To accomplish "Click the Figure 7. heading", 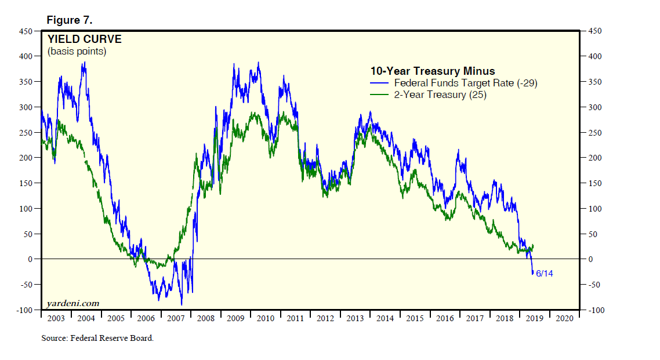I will point(70,21).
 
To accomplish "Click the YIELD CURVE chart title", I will point(84,39).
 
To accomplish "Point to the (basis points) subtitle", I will point(77,52).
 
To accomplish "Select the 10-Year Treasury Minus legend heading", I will point(433,71).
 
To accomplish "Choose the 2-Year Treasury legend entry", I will point(440,94).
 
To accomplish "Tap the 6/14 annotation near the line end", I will point(544,273).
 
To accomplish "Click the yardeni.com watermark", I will point(73,303).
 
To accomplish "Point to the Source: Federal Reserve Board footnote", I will point(97,338).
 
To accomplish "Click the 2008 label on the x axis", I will point(205,318).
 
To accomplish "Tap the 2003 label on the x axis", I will point(56,318).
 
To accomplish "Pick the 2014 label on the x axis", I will point(384,318).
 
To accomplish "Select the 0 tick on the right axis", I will point(590,259).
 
